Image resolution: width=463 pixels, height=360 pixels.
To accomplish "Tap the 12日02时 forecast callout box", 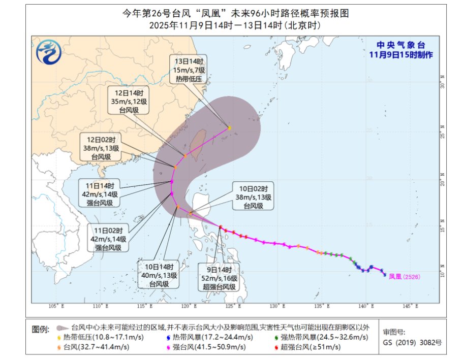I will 100,148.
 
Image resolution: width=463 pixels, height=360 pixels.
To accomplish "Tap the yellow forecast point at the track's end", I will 230,128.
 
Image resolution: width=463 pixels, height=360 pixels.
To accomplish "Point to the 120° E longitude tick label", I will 188,306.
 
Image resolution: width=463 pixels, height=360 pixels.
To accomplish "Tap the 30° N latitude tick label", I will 442,85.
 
